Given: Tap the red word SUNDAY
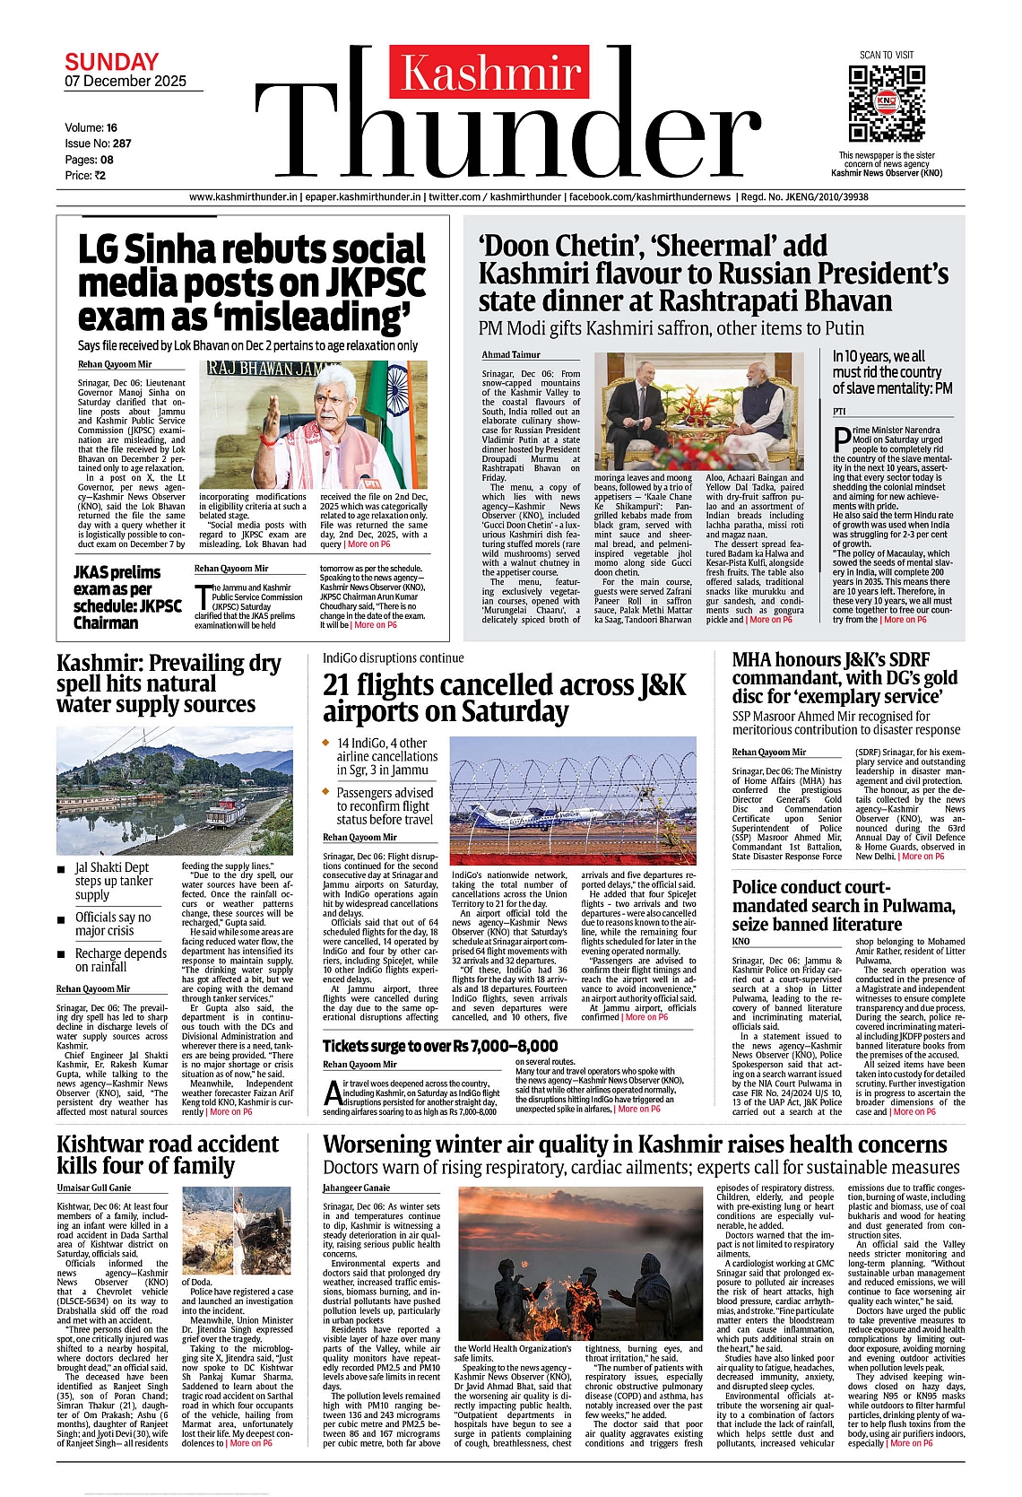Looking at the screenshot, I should [x=111, y=63].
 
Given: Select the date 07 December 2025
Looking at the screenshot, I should [x=126, y=82].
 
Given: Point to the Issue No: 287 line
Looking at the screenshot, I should [x=98, y=144].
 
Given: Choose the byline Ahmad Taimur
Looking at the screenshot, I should [x=510, y=355].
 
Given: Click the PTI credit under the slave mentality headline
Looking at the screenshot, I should [x=839, y=412].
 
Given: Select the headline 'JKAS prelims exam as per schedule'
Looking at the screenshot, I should [x=127, y=597].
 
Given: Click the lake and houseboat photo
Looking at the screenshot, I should [x=174, y=789].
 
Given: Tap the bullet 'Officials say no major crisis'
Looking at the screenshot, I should [x=113, y=924].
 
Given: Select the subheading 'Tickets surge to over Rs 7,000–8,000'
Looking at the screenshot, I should [x=439, y=1046].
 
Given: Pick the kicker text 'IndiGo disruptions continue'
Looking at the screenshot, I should [x=393, y=658].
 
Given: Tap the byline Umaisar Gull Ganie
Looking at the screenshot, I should [x=94, y=1188].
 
